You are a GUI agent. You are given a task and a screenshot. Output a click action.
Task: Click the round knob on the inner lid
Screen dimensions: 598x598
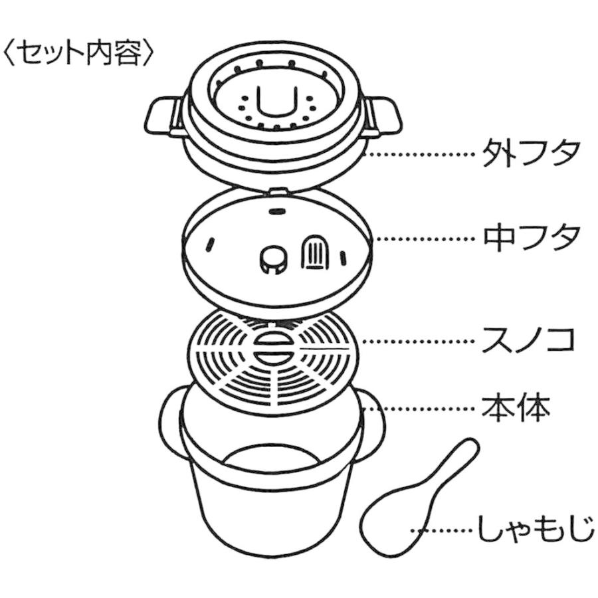tap(271, 258)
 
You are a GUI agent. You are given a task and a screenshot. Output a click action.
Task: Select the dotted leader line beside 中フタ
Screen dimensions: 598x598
tap(425, 238)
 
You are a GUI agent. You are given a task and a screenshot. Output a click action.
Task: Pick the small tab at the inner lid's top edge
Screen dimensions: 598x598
tap(278, 193)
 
